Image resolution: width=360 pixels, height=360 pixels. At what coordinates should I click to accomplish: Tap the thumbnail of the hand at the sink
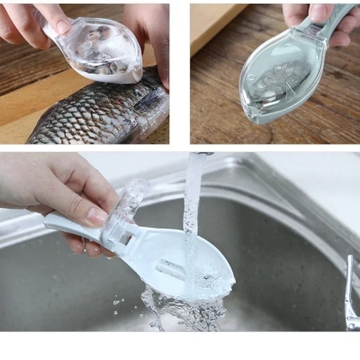(96, 216)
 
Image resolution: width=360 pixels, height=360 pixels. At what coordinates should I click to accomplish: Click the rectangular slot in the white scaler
(171, 267)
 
